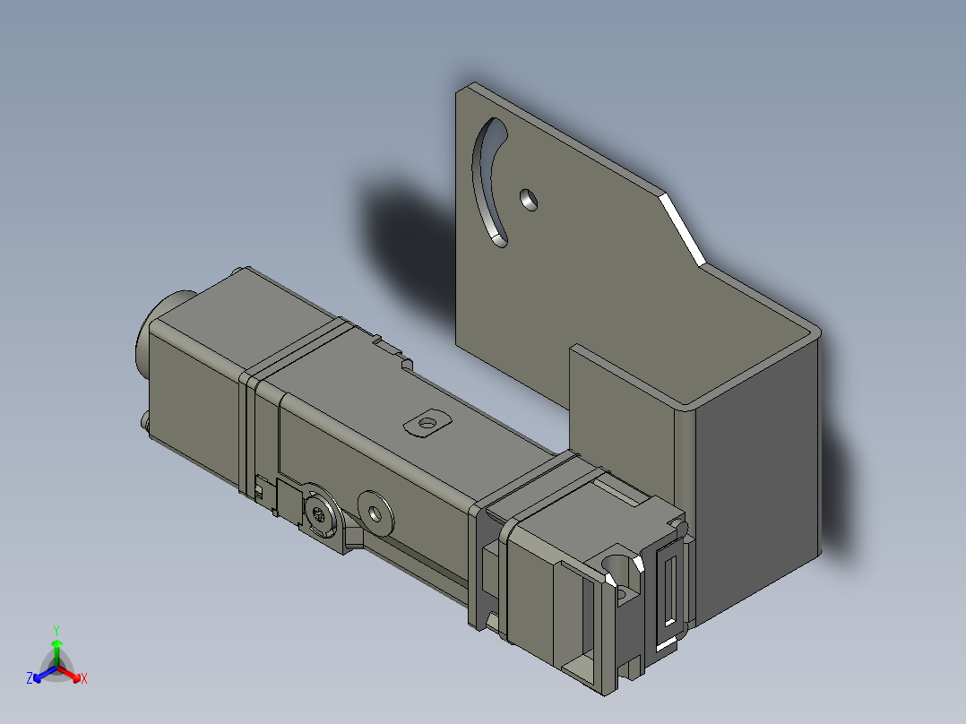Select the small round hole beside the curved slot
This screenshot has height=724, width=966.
[x=530, y=199]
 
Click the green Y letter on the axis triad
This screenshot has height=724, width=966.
[x=56, y=630]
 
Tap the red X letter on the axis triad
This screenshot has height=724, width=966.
[x=84, y=678]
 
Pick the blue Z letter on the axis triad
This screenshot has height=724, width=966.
[x=30, y=678]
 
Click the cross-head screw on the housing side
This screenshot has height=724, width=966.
[x=322, y=514]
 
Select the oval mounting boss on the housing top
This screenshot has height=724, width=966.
[x=427, y=422]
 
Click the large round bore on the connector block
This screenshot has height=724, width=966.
[x=618, y=565]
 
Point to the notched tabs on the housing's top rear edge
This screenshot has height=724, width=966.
[x=392, y=350]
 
